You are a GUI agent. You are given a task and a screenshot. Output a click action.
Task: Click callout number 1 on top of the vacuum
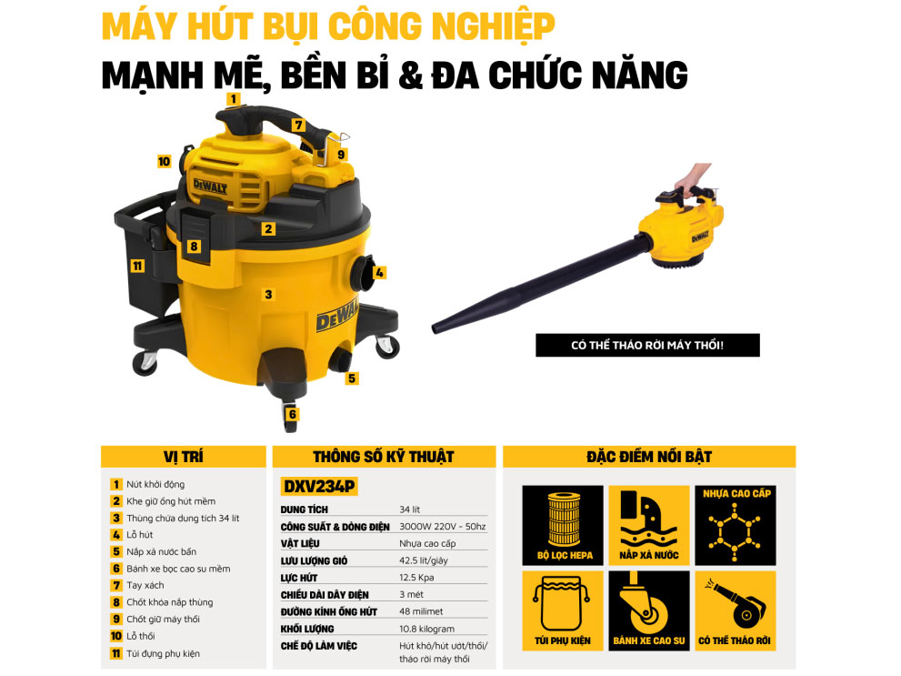[x=233, y=98]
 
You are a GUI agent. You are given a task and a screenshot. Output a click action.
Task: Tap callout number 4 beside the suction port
[x=380, y=272]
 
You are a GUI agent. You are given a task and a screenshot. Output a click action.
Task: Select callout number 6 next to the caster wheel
[x=292, y=414]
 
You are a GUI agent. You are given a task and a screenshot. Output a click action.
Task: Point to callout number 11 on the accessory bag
[x=137, y=267]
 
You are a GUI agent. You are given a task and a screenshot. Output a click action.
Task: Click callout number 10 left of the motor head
[x=164, y=162]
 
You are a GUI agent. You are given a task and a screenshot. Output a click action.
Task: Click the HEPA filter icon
[x=562, y=525]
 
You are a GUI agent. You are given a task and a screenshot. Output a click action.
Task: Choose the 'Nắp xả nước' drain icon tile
[x=648, y=525]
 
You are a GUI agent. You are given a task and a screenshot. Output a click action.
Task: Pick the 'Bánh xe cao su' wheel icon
[x=648, y=610]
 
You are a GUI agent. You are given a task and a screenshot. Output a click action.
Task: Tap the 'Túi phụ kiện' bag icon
[x=562, y=610]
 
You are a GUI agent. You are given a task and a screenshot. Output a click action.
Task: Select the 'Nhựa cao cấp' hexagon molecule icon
[x=736, y=525]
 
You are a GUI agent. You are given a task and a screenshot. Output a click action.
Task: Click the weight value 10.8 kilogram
[x=426, y=629]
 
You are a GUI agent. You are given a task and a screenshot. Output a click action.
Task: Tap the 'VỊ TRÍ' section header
[x=182, y=457]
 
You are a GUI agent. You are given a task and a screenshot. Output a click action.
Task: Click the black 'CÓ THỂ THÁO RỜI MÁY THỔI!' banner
[x=646, y=346]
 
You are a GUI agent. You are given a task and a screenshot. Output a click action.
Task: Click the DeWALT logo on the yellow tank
[x=335, y=318]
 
